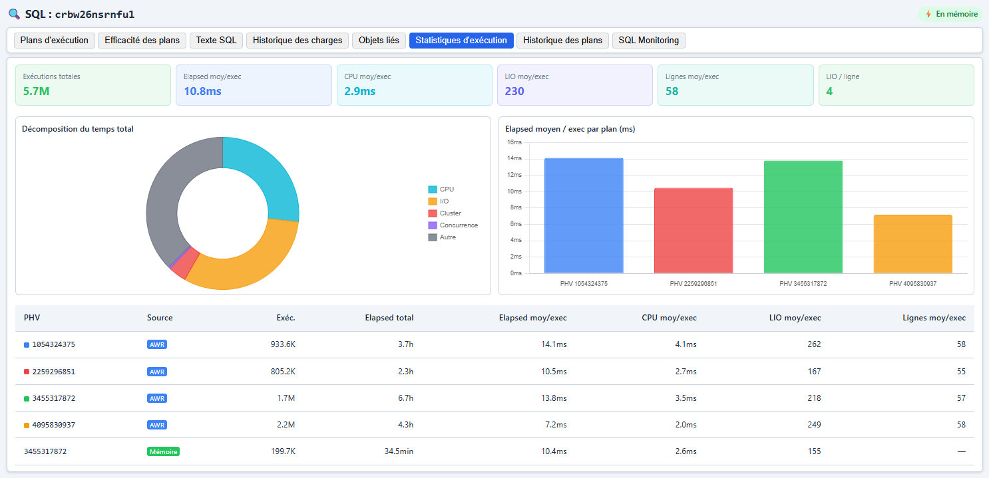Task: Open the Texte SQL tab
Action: [x=216, y=40]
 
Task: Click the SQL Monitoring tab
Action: [x=649, y=40]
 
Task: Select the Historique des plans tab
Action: [x=562, y=40]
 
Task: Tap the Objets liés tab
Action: [x=379, y=40]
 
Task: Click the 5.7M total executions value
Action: [x=36, y=91]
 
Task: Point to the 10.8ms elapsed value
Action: [x=202, y=91]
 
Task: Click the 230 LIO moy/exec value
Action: [x=514, y=91]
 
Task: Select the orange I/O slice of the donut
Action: [x=248, y=265]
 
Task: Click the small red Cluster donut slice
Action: [x=184, y=264]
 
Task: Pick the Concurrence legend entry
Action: [x=453, y=225]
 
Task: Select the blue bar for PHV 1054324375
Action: [x=584, y=215]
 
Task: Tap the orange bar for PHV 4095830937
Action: [x=912, y=244]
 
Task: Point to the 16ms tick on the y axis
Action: [x=514, y=142]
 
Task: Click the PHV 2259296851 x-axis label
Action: [x=693, y=283]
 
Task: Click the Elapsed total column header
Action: [x=389, y=318]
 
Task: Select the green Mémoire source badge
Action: [x=163, y=451]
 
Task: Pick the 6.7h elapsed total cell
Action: [x=405, y=398]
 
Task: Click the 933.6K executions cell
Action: [x=283, y=344]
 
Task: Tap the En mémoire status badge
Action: [x=950, y=14]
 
